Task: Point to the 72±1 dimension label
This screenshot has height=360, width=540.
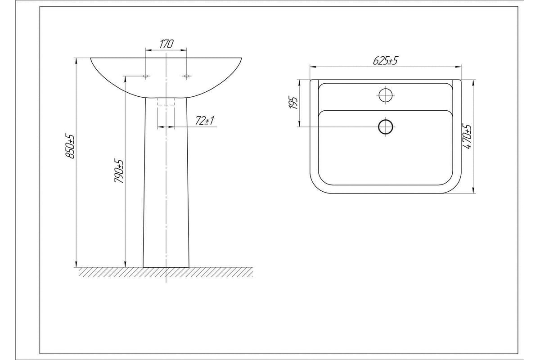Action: click(x=205, y=121)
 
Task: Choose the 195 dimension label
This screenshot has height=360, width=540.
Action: click(x=293, y=103)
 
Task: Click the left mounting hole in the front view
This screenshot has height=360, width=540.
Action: click(x=145, y=76)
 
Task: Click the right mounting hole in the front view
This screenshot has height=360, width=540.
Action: click(x=185, y=76)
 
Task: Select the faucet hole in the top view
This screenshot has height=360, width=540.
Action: click(x=386, y=95)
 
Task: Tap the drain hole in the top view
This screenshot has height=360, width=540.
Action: click(x=386, y=126)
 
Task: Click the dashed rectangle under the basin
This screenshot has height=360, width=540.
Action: click(x=166, y=102)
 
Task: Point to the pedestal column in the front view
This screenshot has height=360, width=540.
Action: click(x=166, y=189)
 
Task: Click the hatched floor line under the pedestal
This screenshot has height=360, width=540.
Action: click(x=166, y=272)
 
